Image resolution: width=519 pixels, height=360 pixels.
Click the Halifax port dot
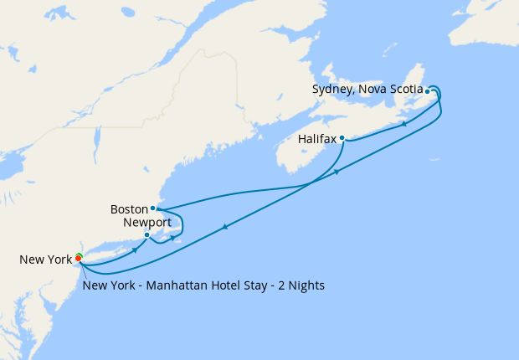click(x=342, y=138)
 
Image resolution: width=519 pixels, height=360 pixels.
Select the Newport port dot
click(x=146, y=235)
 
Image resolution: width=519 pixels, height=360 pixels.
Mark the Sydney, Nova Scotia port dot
click(x=428, y=91)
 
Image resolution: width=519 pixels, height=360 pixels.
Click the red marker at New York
click(x=78, y=258)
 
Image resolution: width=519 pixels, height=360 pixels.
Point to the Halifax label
click(x=317, y=139)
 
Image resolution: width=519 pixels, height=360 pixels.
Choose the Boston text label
click(x=128, y=208)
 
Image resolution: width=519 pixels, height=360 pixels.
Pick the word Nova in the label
click(x=372, y=89)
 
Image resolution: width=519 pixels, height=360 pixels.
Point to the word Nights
click(x=305, y=285)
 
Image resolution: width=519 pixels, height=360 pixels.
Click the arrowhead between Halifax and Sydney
click(x=405, y=124)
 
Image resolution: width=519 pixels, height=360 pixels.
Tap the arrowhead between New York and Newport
click(x=134, y=249)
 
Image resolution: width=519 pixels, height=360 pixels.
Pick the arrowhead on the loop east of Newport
click(x=173, y=238)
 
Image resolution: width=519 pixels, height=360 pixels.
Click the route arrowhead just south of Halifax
click(x=337, y=172)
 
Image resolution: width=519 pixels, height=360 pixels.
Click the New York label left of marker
click(x=46, y=260)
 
